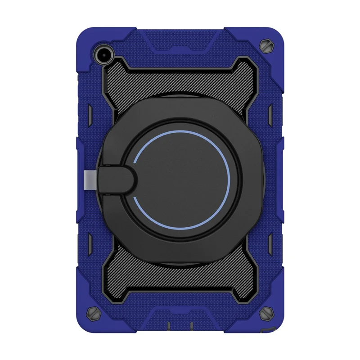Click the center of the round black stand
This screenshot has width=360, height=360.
pos(182,180)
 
